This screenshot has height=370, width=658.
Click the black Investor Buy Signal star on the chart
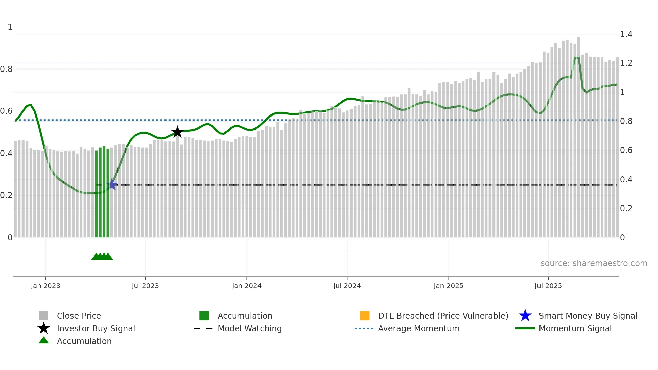[x=177, y=132]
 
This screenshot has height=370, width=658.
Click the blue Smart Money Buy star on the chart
[x=112, y=185]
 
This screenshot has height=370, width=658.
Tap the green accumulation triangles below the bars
[x=102, y=257]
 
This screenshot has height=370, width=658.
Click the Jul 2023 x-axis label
[x=145, y=286]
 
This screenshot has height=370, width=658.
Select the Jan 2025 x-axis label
[x=448, y=286]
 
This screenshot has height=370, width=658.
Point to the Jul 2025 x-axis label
[x=548, y=286]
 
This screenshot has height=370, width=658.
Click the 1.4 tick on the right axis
[x=626, y=34]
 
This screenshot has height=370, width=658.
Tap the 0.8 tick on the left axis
[x=7, y=69]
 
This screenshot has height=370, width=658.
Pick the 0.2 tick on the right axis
[x=626, y=209]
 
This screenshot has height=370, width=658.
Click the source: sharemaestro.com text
[x=594, y=263]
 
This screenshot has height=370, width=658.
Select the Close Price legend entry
[x=79, y=316]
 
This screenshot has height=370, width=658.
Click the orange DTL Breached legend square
[x=365, y=316]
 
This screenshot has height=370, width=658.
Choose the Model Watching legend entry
[x=249, y=328]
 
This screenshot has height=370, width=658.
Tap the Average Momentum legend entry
[x=418, y=328]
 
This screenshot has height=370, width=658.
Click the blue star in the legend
[x=525, y=316]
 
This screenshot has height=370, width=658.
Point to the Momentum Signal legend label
[x=575, y=328]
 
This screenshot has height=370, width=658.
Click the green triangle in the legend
[x=44, y=340]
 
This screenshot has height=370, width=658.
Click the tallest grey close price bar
[x=579, y=134]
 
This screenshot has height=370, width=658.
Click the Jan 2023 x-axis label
[x=45, y=286]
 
